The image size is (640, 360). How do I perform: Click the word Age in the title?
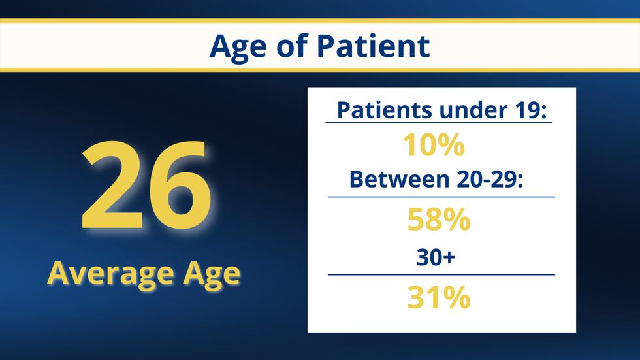tap(238, 46)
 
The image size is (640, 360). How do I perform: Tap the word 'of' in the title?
tap(292, 46)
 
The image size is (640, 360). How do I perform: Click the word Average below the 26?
tap(102, 272)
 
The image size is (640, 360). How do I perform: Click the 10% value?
tap(434, 145)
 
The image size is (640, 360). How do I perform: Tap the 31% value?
tap(439, 298)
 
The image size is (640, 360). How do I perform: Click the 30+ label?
tap(436, 257)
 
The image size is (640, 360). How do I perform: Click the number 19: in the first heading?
tap(530, 110)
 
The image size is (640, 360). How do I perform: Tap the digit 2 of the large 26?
tap(112, 186)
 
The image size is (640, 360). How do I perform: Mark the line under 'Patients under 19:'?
tap(439, 123)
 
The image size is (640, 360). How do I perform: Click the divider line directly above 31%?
tap(441, 275)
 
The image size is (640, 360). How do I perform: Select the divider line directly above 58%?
tap(441, 197)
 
